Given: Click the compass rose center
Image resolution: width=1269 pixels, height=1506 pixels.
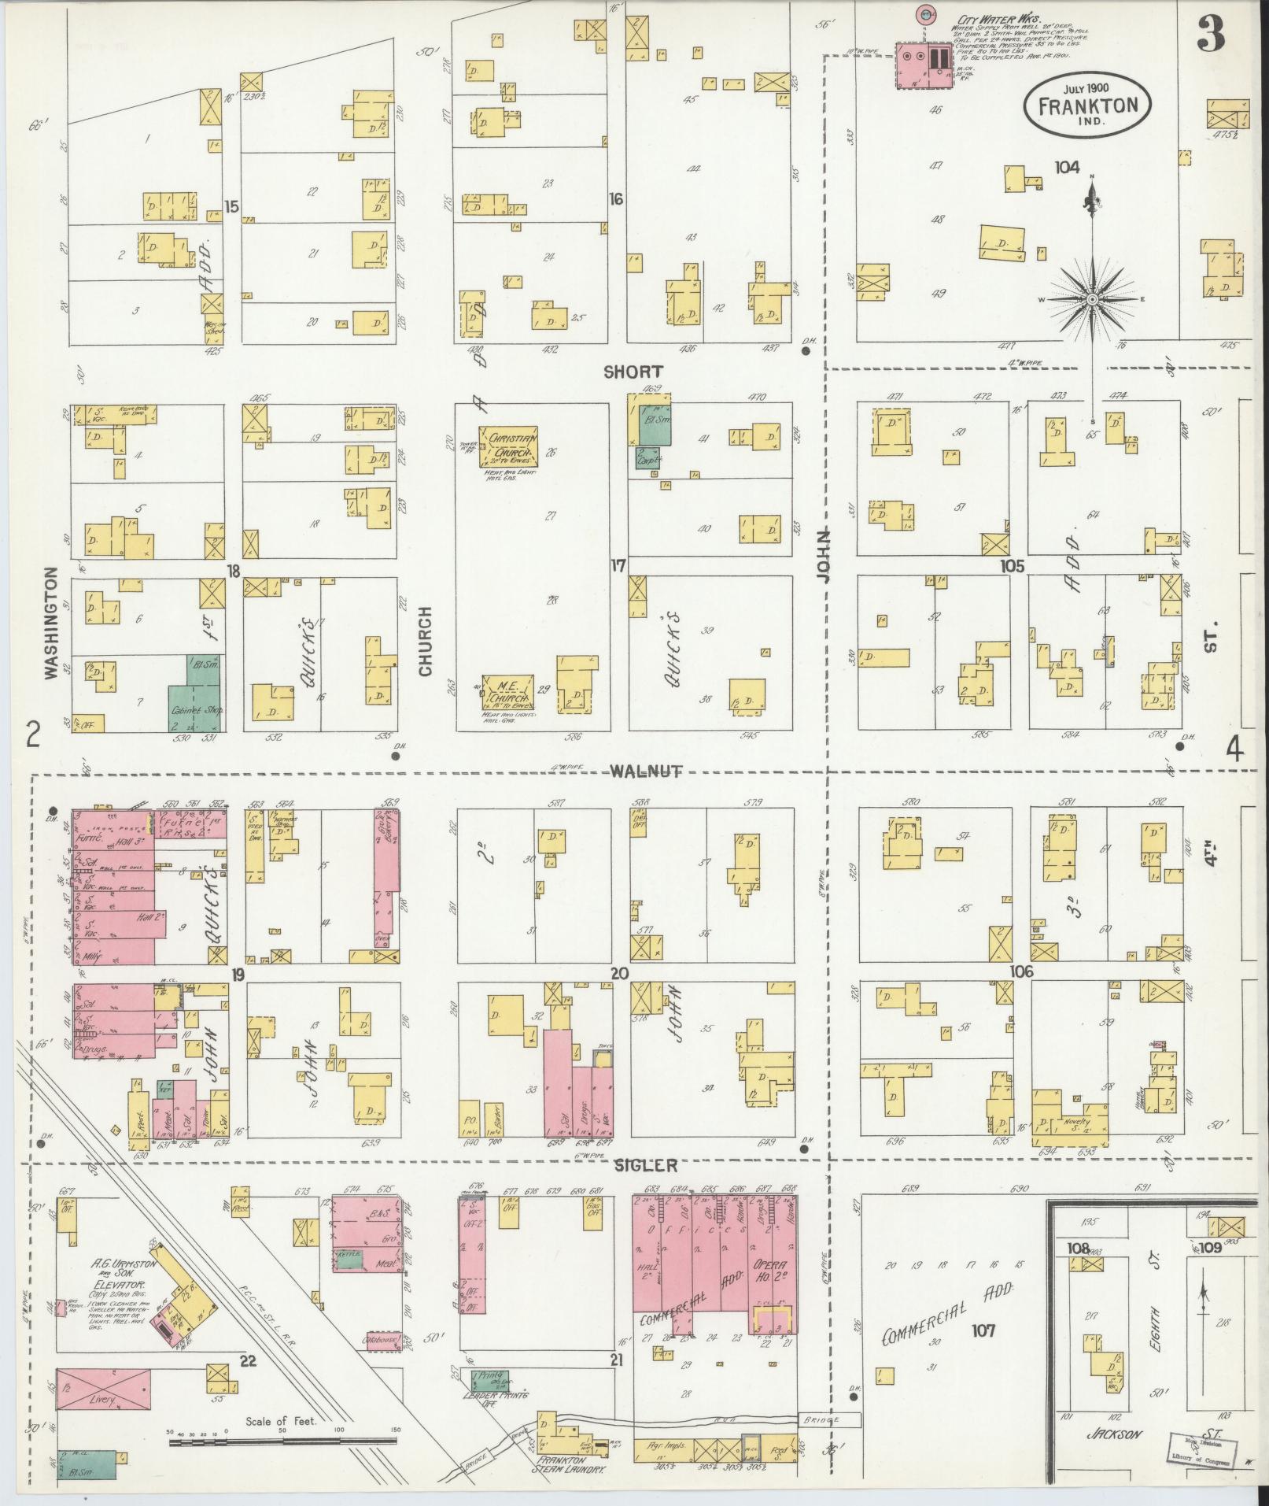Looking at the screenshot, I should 1093,301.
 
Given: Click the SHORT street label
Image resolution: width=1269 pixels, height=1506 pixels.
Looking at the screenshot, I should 633,372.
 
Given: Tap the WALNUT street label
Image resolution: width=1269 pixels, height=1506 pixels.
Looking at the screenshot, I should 635,772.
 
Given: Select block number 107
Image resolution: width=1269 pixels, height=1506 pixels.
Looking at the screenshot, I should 983,1330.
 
